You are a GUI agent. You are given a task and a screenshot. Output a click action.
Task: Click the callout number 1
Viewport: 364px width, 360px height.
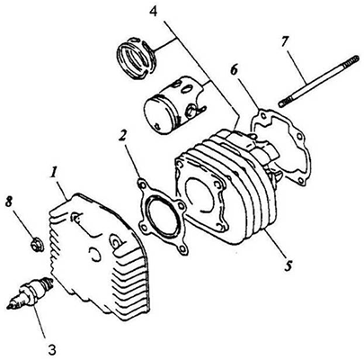[x=55, y=174]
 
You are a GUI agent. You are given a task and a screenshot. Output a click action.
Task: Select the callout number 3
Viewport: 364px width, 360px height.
[x=51, y=349]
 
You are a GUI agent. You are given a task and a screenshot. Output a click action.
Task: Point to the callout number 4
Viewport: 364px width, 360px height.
[x=154, y=10]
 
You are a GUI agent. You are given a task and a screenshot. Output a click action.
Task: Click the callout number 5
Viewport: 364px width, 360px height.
[x=288, y=265]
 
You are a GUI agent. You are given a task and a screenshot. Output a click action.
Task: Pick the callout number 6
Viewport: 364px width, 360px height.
[x=235, y=71]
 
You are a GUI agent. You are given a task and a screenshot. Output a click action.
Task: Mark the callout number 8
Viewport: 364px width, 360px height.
[x=9, y=202]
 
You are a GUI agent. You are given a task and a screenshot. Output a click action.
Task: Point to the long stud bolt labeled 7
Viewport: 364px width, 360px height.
[x=318, y=81]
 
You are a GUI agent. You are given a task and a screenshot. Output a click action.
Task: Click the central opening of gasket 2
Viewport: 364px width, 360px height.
[x=161, y=215]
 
